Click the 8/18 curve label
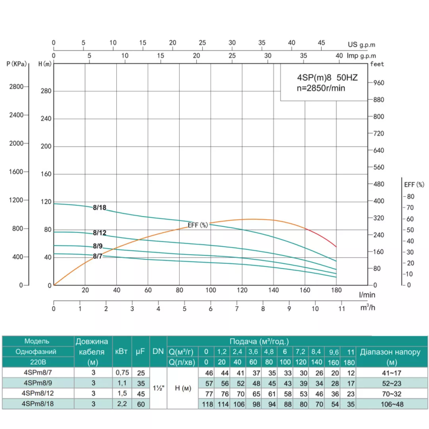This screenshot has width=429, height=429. point(99,207)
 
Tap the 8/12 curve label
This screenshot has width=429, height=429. point(99,233)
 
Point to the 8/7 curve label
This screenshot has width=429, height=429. point(98,256)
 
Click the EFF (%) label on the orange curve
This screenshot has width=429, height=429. point(197,225)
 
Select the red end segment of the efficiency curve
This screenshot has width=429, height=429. point(322,235)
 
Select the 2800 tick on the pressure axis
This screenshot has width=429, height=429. point(17,86)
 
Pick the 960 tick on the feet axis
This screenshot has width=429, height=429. point(379,83)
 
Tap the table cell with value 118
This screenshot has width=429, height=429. point(206,404)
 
